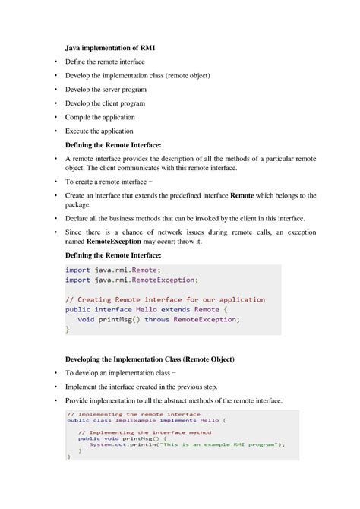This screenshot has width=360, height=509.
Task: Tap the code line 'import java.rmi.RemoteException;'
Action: point(131,280)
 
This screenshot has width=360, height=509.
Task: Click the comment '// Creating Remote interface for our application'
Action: point(165,299)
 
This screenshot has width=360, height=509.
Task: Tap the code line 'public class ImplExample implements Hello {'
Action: point(141,420)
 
